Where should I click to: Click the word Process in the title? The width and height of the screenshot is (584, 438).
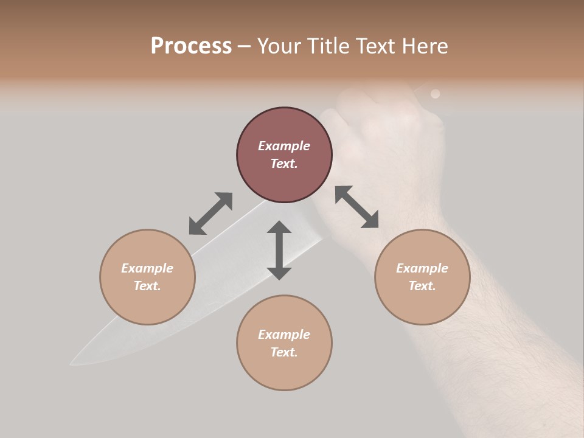(x=191, y=46)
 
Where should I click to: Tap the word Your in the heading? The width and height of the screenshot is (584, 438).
(x=279, y=46)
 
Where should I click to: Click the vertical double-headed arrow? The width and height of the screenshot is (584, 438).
(x=279, y=250)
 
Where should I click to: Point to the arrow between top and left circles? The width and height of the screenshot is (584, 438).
(x=210, y=214)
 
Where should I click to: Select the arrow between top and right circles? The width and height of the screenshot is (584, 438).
(x=357, y=207)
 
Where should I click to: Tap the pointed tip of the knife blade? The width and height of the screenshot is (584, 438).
(x=72, y=364)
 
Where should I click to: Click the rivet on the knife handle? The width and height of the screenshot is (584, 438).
(x=435, y=94)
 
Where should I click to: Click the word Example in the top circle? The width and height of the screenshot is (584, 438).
(x=284, y=146)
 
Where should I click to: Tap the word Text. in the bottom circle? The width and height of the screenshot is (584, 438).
(x=284, y=352)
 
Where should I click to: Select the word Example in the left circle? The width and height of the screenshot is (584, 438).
(x=147, y=268)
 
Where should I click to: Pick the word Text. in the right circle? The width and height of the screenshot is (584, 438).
(x=422, y=286)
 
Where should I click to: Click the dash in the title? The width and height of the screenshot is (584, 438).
(x=245, y=46)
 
